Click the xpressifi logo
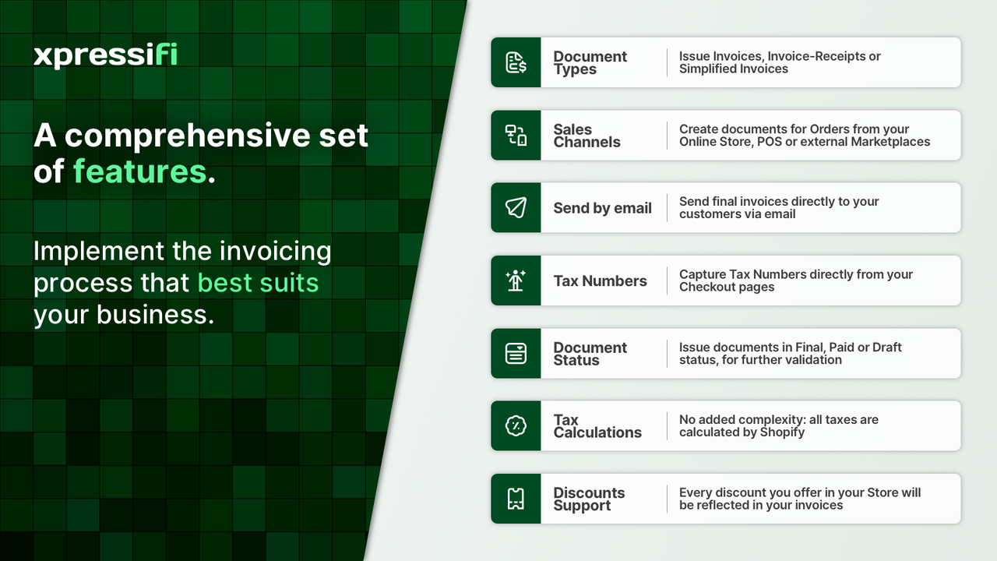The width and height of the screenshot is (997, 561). pyautogui.click(x=105, y=55)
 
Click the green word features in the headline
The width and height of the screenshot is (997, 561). pyautogui.click(x=140, y=171)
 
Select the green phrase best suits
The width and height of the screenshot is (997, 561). pyautogui.click(x=258, y=282)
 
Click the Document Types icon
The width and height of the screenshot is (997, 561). pyautogui.click(x=516, y=62)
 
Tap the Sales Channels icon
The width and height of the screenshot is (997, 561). pyautogui.click(x=516, y=136)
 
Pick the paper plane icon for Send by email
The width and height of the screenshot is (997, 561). pyautogui.click(x=516, y=208)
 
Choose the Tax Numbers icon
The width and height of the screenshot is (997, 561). pyautogui.click(x=516, y=280)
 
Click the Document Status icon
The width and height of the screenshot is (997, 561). pyautogui.click(x=516, y=354)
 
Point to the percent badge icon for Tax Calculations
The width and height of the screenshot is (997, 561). pyautogui.click(x=516, y=426)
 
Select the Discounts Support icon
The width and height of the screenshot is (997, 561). pyautogui.click(x=516, y=499)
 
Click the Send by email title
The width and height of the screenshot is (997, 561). pyautogui.click(x=602, y=208)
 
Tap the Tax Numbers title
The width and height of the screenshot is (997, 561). pyautogui.click(x=600, y=281)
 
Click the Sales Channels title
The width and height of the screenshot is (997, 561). pyautogui.click(x=587, y=136)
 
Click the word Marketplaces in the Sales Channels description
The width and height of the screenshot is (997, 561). pyautogui.click(x=890, y=142)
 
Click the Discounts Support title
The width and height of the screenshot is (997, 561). pyautogui.click(x=589, y=499)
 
